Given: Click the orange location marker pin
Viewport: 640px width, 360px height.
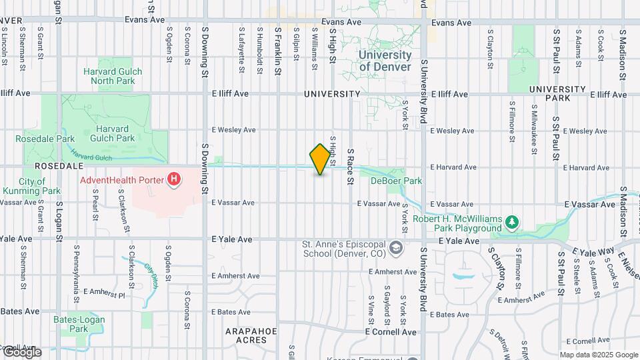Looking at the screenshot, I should pyautogui.click(x=320, y=159).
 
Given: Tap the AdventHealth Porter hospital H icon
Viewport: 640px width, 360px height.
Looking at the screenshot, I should pyautogui.click(x=174, y=179).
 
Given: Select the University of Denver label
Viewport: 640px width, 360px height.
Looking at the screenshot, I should pyautogui.click(x=385, y=61).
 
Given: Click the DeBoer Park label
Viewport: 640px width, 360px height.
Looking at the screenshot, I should pyautogui.click(x=397, y=181).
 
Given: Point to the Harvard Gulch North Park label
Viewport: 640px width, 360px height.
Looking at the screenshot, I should pyautogui.click(x=109, y=76).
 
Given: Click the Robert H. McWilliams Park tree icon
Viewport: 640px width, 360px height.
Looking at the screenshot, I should pyautogui.click(x=512, y=222).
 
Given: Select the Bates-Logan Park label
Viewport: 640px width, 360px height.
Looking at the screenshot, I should pyautogui.click(x=79, y=324).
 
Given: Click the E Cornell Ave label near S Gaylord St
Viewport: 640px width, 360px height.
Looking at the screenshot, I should pyautogui.click(x=391, y=332).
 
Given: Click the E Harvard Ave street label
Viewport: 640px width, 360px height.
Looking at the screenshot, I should pyautogui.click(x=453, y=167).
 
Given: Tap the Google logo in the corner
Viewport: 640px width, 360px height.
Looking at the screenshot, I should pyautogui.click(x=21, y=352).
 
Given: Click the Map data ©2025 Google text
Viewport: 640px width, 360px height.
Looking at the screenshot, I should pyautogui.click(x=599, y=355).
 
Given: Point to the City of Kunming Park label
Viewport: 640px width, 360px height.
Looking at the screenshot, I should pyautogui.click(x=31, y=186).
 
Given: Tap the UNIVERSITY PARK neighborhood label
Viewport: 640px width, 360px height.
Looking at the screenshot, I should pyautogui.click(x=557, y=93).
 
